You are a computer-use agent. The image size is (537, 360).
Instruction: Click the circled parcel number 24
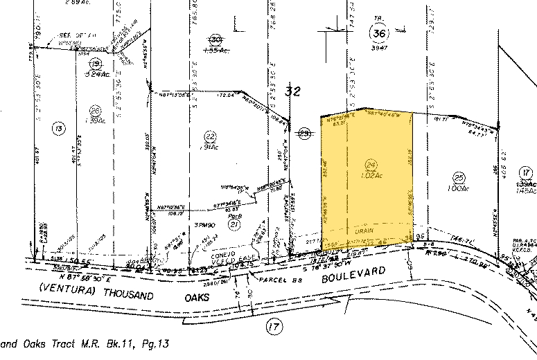(x=370, y=164)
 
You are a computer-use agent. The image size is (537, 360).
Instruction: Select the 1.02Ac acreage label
(x=370, y=176)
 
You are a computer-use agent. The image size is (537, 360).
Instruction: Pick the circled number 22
(x=209, y=134)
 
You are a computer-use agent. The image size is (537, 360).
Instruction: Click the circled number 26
(x=96, y=109)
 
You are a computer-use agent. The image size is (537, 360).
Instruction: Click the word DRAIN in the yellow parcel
(x=364, y=231)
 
